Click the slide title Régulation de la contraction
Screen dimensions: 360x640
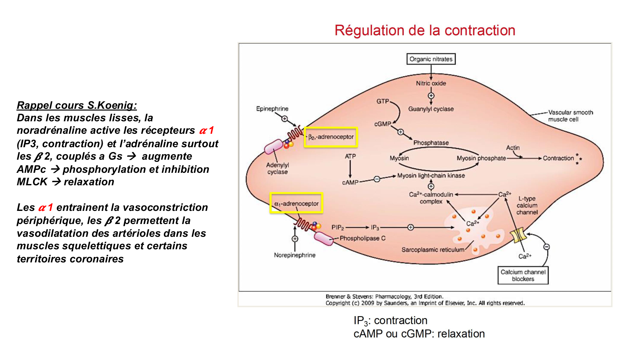(x=425, y=30)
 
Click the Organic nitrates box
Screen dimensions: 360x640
(x=431, y=59)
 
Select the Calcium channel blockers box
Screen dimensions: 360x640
(x=523, y=275)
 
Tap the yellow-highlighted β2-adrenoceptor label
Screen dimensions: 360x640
(x=331, y=137)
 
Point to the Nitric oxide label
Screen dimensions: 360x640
(x=431, y=83)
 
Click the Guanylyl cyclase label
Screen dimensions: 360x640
(x=431, y=109)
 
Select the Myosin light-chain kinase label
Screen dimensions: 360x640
(x=431, y=175)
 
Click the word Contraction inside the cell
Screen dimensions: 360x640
(x=558, y=158)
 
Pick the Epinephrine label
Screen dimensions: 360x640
(x=272, y=109)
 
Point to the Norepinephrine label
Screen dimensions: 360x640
(x=294, y=255)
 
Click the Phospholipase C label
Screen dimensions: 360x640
(x=362, y=238)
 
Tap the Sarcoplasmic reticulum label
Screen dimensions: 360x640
(x=433, y=250)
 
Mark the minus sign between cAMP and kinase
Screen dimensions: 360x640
(x=377, y=179)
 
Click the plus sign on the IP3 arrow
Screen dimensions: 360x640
(x=411, y=227)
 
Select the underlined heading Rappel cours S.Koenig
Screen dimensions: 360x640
(x=77, y=105)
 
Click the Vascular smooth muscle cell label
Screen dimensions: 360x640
(x=570, y=116)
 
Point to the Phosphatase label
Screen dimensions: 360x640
(x=431, y=143)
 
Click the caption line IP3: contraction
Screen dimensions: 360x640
(x=390, y=320)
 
